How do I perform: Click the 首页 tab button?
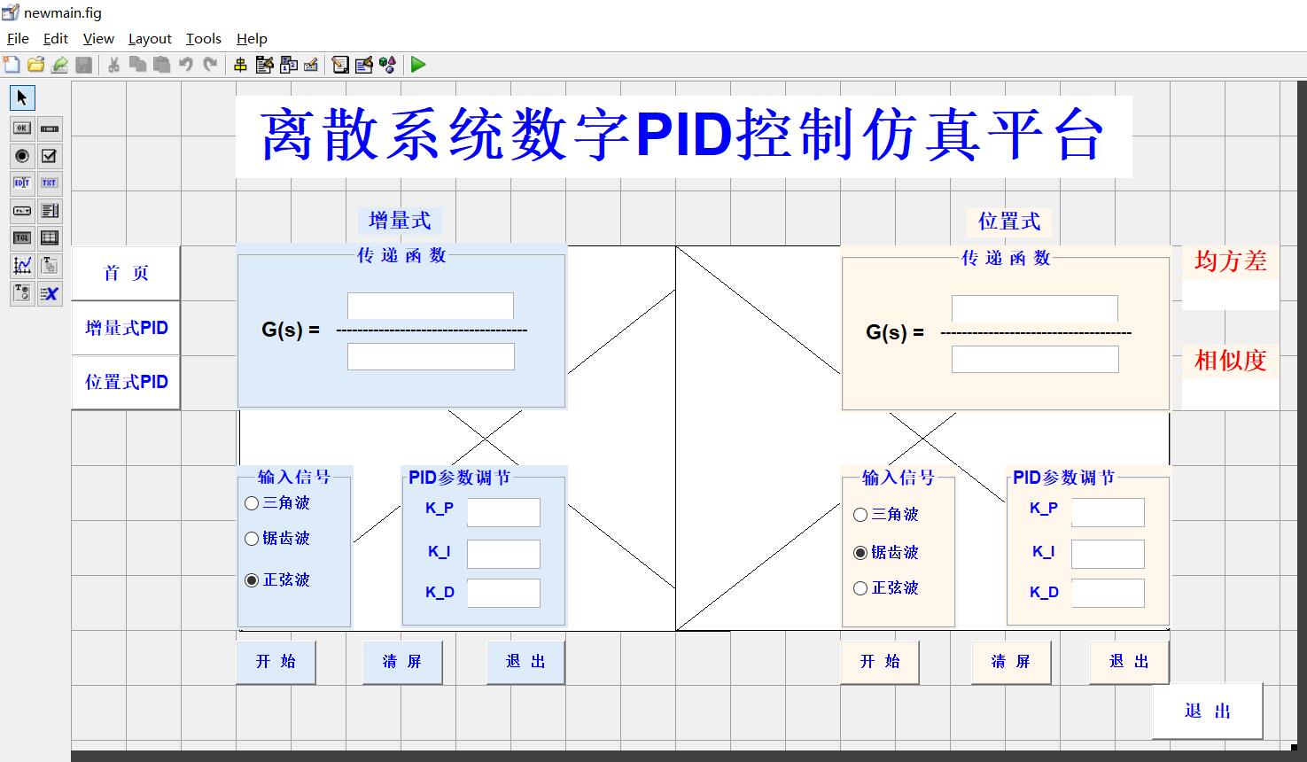tap(126, 273)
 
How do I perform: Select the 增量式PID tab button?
tap(126, 328)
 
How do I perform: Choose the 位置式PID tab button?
tap(126, 382)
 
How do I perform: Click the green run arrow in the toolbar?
tap(418, 64)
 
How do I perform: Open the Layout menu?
tap(150, 38)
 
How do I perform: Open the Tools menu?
tap(203, 38)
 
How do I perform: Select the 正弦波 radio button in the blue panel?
tap(253, 580)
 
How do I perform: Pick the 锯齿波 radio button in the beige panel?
tap(860, 553)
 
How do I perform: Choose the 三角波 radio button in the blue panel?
tap(253, 503)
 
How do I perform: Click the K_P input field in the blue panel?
tap(503, 512)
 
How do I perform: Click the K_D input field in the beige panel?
tap(1108, 593)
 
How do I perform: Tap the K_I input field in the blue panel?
tap(503, 554)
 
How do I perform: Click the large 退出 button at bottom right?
tap(1207, 711)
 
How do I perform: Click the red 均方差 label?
tap(1230, 261)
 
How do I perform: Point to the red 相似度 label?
tap(1230, 361)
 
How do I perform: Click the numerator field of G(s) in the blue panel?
tap(431, 306)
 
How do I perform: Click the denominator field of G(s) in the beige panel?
tap(1035, 359)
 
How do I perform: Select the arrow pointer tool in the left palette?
tap(22, 97)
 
